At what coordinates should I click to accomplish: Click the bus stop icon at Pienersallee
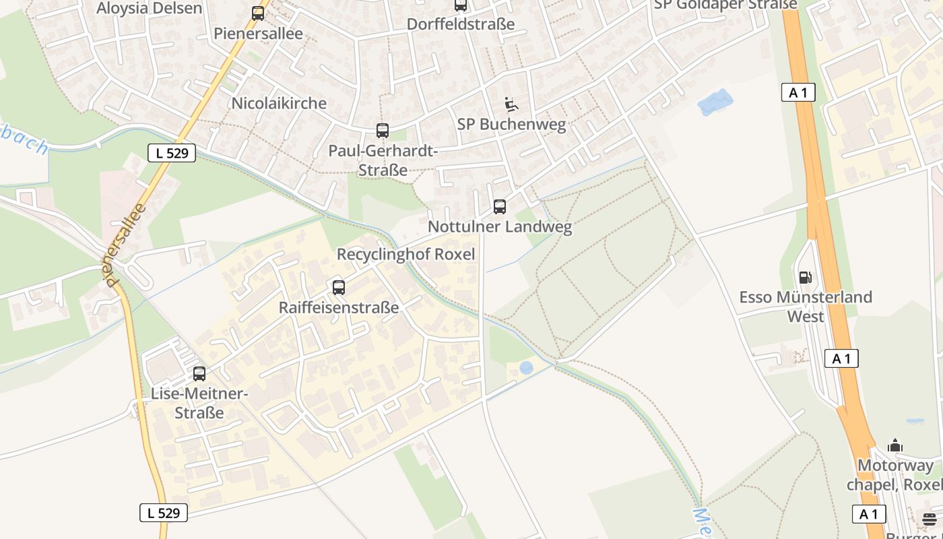[258, 13]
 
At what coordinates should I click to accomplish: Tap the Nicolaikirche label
[278, 103]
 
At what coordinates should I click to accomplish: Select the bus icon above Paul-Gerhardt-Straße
[382, 131]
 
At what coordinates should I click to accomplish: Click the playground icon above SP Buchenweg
[511, 104]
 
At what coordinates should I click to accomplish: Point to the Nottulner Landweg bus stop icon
[499, 207]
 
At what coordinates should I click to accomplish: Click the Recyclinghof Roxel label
[405, 254]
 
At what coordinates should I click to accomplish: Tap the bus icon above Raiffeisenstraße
[339, 288]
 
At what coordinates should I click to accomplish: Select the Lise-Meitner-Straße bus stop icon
[199, 373]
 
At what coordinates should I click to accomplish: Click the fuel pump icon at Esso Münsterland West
[805, 277]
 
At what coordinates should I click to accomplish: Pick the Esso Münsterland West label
[806, 306]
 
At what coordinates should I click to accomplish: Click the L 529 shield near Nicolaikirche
[172, 153]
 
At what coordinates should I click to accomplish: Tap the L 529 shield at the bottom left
[164, 513]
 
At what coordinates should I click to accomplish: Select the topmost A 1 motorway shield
[798, 92]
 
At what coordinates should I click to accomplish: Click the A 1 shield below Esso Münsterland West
[841, 358]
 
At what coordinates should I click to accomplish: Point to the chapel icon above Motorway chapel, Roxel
[895, 445]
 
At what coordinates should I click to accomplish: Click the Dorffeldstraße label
[460, 24]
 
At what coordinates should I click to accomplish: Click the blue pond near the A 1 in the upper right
[715, 102]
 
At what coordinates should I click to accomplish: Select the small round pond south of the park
[526, 367]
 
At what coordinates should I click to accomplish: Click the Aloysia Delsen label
[149, 8]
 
